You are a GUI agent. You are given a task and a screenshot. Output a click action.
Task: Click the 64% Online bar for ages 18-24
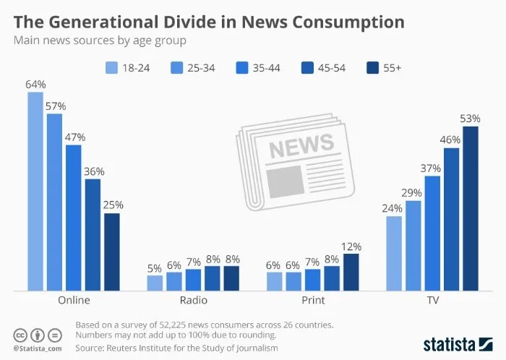pyautogui.click(x=35, y=192)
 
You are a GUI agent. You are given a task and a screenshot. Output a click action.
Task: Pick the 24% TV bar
pyautogui.click(x=394, y=253)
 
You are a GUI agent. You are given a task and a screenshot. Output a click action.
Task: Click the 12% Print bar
pyautogui.click(x=351, y=272)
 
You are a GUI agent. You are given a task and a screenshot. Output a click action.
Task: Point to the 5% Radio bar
pyautogui.click(x=155, y=283)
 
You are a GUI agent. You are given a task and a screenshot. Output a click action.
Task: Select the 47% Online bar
pyautogui.click(x=74, y=218)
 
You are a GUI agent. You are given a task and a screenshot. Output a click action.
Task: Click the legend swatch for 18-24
pyautogui.click(x=112, y=67)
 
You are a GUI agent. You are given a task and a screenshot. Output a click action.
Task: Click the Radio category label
pyautogui.click(x=193, y=300)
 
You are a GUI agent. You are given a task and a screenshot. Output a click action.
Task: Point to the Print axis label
pyautogui.click(x=312, y=300)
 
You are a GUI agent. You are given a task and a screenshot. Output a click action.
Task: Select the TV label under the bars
pyautogui.click(x=432, y=300)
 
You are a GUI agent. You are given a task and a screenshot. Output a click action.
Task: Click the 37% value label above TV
pyautogui.click(x=432, y=168)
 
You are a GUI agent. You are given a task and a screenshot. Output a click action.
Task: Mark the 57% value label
pyautogui.click(x=55, y=106)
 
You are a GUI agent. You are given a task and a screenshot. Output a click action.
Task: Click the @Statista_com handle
pyautogui.click(x=37, y=348)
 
